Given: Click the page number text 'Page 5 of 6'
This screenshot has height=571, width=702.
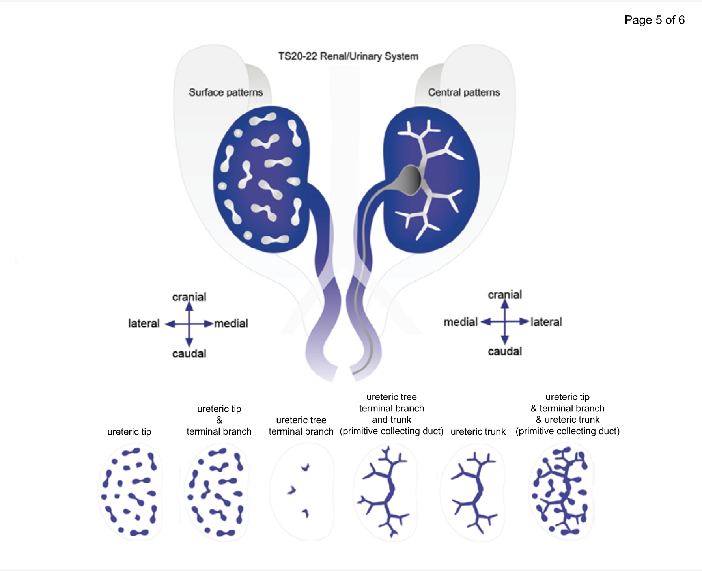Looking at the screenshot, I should tap(654, 20).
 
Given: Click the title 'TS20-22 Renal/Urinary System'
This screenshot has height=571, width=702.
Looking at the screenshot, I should tap(348, 56).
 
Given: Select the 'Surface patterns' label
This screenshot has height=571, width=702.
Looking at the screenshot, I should tap(226, 92).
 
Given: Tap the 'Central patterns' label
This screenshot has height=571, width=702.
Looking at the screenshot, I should tap(464, 92).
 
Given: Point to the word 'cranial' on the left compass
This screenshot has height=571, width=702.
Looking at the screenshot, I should tap(189, 297).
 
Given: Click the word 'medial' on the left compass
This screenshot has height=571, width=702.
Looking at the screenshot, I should tap(231, 323).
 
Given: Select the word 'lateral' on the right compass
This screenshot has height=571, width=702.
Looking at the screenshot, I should tap(546, 322).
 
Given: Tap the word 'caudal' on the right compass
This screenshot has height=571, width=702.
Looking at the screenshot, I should tap(505, 351).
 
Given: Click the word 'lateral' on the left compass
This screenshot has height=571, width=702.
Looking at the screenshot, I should tap(144, 323).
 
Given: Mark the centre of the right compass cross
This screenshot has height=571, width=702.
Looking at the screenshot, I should tap(505, 322).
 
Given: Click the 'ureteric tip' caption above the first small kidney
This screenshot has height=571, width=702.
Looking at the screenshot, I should tap(129, 431).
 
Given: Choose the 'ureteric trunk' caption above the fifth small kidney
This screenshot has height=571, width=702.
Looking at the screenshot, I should tap(478, 431).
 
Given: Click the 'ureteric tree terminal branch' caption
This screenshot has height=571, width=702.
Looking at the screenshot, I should tap(301, 425).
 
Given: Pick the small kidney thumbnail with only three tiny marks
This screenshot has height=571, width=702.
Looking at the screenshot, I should tap(302, 491).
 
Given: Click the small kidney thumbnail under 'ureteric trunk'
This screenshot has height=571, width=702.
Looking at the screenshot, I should tap(473, 491).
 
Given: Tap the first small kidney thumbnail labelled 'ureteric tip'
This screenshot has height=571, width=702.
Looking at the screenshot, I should tap(130, 491).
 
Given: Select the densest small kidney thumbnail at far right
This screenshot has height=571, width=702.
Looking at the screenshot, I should tap(561, 491).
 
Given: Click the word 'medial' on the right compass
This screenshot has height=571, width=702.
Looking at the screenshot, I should tap(461, 322).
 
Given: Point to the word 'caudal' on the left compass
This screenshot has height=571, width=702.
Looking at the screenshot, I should tap(189, 353).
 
